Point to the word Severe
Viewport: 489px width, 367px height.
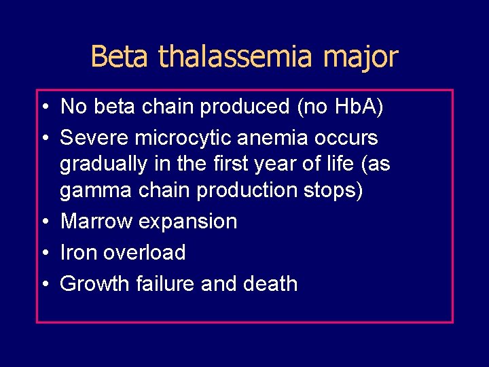click(94, 138)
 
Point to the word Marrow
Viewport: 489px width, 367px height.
click(94, 222)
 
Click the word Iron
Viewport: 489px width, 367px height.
click(77, 252)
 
